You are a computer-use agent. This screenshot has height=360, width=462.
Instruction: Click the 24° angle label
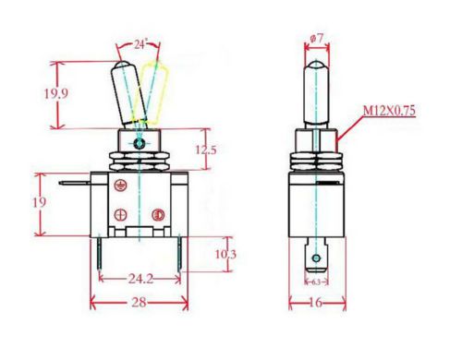click(x=140, y=45)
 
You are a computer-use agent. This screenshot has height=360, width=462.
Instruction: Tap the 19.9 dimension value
click(x=55, y=93)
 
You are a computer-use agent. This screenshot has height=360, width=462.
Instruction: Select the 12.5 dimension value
click(x=206, y=150)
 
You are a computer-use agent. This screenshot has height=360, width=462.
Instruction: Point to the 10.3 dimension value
click(x=225, y=254)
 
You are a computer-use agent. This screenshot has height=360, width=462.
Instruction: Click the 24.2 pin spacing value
click(x=140, y=279)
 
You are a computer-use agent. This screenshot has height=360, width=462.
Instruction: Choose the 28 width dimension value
click(x=139, y=303)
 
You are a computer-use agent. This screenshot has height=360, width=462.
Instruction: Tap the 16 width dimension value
click(x=315, y=303)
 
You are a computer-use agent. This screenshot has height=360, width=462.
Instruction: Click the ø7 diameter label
click(x=317, y=39)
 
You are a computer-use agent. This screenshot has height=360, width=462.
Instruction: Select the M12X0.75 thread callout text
click(x=389, y=111)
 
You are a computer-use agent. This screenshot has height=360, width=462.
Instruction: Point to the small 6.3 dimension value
click(x=316, y=282)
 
